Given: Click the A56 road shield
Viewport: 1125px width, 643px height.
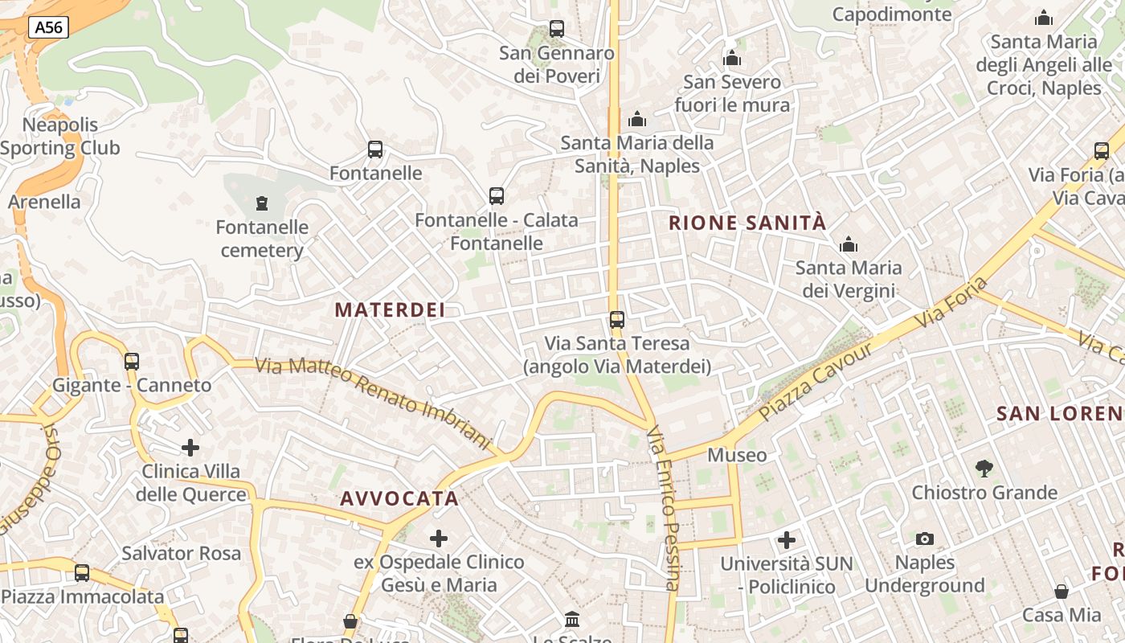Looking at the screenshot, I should (49, 28).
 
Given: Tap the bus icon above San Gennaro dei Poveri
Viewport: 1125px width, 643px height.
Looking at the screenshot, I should (556, 29).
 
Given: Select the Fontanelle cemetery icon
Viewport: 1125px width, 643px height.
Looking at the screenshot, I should (262, 203).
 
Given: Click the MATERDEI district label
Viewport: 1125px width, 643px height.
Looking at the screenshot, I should (390, 309).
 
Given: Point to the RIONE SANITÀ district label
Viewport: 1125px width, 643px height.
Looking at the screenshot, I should (747, 223).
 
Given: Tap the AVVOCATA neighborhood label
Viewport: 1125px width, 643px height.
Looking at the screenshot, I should (399, 498).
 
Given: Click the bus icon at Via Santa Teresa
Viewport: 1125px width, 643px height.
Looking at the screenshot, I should (617, 319).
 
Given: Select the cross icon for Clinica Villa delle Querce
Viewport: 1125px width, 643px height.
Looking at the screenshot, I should (190, 447).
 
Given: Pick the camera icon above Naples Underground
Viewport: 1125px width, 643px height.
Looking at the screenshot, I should (925, 539).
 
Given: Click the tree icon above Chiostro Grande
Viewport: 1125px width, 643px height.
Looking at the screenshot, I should (984, 468).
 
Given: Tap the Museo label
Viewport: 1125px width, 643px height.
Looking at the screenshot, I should (737, 455).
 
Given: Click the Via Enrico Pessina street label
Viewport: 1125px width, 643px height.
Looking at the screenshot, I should (665, 508).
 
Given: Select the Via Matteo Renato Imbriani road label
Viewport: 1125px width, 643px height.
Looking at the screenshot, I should (373, 401).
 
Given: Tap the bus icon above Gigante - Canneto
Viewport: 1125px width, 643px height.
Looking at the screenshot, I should (132, 361).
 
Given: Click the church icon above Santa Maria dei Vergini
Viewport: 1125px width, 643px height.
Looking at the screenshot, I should (848, 244).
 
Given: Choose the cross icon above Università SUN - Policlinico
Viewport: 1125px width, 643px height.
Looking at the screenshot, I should (787, 539).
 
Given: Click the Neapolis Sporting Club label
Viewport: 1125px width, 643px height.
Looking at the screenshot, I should (60, 137).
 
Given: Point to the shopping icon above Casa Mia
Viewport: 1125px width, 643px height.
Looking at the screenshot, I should (1062, 592).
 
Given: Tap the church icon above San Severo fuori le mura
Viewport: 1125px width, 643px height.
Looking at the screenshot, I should (732, 58).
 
